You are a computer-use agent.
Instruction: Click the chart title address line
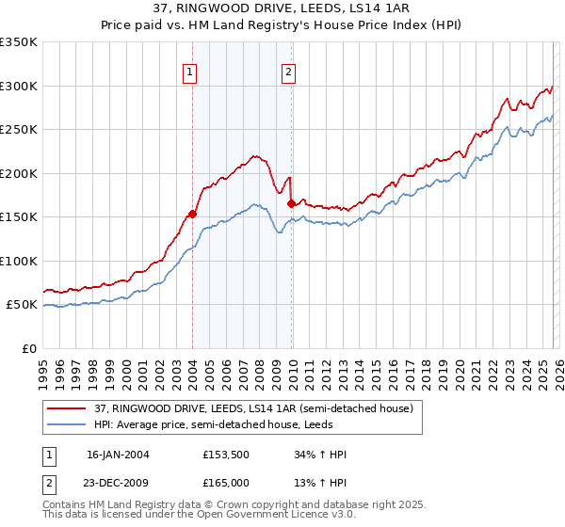pyautogui.click(x=282, y=9)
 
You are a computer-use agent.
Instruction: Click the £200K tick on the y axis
pyautogui.click(x=19, y=173)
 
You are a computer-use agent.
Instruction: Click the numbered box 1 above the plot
pyautogui.click(x=190, y=71)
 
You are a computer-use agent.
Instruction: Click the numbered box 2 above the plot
pyautogui.click(x=288, y=71)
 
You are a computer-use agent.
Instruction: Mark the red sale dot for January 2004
pyautogui.click(x=192, y=214)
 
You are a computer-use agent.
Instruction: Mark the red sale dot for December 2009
pyautogui.click(x=291, y=202)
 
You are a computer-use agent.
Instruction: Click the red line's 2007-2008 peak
pyautogui.click(x=254, y=156)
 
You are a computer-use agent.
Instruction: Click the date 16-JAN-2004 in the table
pyautogui.click(x=118, y=455)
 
